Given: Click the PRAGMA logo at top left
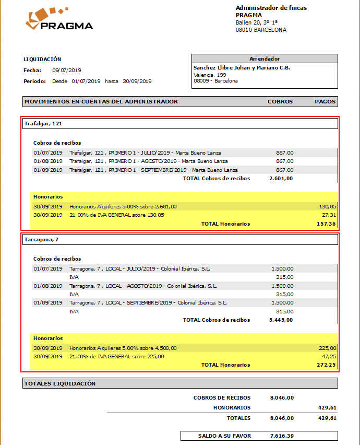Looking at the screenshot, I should pyautogui.click(x=59, y=19).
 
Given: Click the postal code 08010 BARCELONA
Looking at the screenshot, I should pyautogui.click(x=261, y=30).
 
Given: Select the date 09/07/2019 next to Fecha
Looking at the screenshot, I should pyautogui.click(x=67, y=70).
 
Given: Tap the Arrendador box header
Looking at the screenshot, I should pyautogui.click(x=265, y=58).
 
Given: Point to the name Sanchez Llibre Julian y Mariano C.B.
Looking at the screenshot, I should pyautogui.click(x=242, y=68).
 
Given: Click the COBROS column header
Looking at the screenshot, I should pyautogui.click(x=280, y=102).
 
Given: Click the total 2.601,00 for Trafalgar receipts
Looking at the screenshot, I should pyautogui.click(x=281, y=179).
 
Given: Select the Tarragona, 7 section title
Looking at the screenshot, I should pyautogui.click(x=42, y=240).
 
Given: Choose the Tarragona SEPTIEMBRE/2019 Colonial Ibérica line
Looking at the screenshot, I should pyautogui.click(x=148, y=303).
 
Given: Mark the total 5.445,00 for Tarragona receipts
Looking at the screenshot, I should pyautogui.click(x=281, y=320).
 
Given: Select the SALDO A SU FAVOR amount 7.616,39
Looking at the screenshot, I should pyautogui.click(x=282, y=436).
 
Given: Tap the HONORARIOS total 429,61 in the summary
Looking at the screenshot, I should pyautogui.click(x=327, y=408).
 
